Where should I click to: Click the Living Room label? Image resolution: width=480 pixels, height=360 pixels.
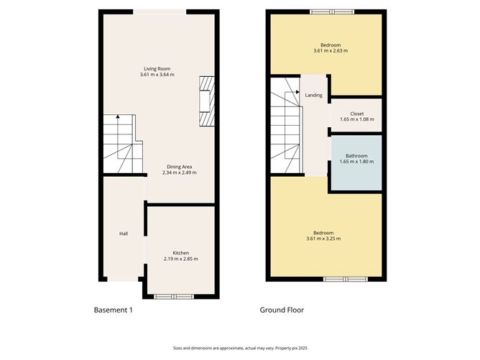pyautogui.click(x=157, y=68)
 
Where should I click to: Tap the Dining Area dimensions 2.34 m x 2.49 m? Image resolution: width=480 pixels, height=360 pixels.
pyautogui.click(x=179, y=172)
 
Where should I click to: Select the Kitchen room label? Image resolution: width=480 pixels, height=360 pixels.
pyautogui.click(x=180, y=252)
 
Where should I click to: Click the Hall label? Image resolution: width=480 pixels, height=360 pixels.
pyautogui.click(x=124, y=234)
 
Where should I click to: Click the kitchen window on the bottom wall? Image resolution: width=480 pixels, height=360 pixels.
pyautogui.click(x=174, y=296)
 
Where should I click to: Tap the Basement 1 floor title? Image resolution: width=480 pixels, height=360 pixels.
pyautogui.click(x=114, y=310)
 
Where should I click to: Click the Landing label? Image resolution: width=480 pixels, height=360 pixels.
pyautogui.click(x=313, y=95)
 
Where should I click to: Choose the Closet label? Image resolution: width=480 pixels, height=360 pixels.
pyautogui.click(x=356, y=114)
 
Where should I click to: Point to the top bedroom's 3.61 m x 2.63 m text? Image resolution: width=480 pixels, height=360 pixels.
pyautogui.click(x=330, y=51)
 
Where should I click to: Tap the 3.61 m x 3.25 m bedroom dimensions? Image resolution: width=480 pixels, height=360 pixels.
pyautogui.click(x=323, y=239)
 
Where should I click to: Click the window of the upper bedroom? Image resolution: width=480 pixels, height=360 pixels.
pyautogui.click(x=332, y=11)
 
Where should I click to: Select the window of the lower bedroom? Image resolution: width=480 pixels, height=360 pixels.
pyautogui.click(x=344, y=278)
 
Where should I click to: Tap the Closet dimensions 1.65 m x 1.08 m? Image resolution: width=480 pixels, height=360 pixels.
pyautogui.click(x=356, y=119)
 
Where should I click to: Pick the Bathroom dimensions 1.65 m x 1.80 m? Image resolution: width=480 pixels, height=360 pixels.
pyautogui.click(x=356, y=162)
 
